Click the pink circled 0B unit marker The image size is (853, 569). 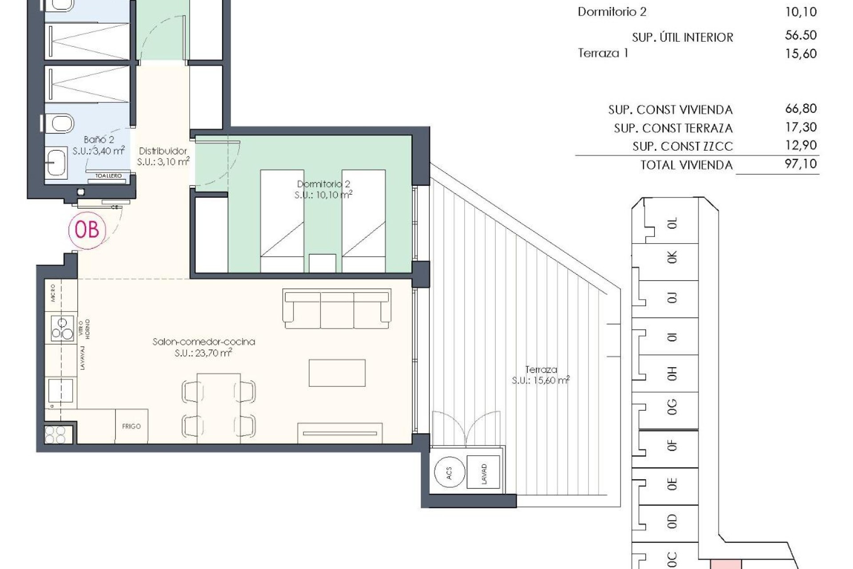[x=87, y=230]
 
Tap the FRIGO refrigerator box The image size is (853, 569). [x=132, y=426]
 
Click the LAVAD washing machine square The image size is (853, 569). [x=483, y=473]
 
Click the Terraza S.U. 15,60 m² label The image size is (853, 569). [x=541, y=375]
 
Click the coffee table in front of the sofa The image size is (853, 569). [x=337, y=373]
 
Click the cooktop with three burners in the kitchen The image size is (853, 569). [x=62, y=329]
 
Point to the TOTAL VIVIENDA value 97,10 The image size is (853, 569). [x=801, y=164]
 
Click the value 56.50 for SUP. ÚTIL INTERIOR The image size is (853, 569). [x=801, y=35]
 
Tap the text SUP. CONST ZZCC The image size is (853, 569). [x=682, y=146]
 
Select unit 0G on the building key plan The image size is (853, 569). [x=672, y=407]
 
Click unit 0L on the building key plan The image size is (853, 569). [x=672, y=223]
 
